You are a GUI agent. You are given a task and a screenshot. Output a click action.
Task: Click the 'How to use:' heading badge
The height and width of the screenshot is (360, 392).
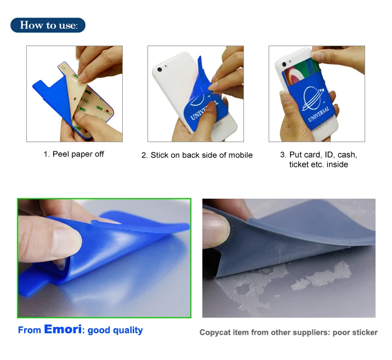(x=48, y=25)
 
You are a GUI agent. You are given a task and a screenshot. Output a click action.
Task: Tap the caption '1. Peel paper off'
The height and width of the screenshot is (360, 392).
(x=74, y=154)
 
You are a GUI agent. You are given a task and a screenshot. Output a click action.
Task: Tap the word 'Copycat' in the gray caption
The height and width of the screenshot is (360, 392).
(x=214, y=333)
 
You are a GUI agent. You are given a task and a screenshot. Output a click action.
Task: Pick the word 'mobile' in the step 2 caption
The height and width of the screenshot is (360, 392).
(x=239, y=155)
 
